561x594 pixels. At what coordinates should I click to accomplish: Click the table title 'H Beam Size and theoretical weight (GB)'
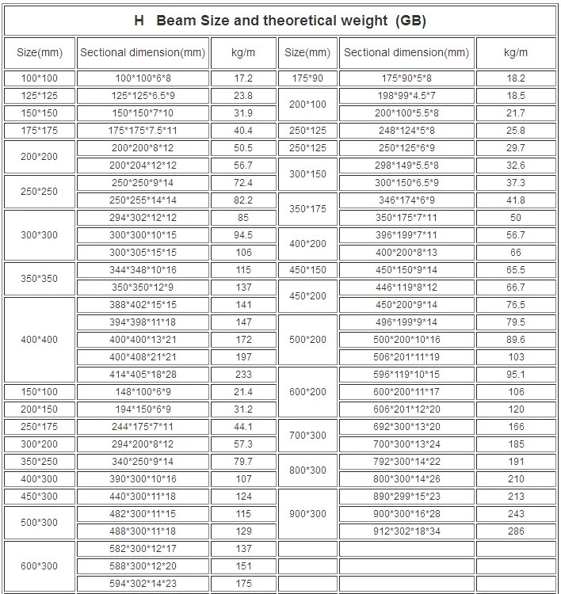pyautogui.click(x=280, y=21)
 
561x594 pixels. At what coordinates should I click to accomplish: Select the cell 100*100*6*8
pyautogui.click(x=143, y=78)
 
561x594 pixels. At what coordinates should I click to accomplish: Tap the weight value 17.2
pyautogui.click(x=243, y=78)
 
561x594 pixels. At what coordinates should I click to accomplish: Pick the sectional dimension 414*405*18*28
pyautogui.click(x=143, y=375)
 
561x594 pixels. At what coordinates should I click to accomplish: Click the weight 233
pyautogui.click(x=243, y=375)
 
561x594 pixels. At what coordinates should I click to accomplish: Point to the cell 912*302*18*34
pyautogui.click(x=406, y=531)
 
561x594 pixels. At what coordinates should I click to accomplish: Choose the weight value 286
pyautogui.click(x=516, y=531)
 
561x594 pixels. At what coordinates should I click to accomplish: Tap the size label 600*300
pyautogui.click(x=39, y=566)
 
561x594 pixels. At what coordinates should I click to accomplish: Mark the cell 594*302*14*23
pyautogui.click(x=143, y=584)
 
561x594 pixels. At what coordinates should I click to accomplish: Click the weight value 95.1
pyautogui.click(x=516, y=375)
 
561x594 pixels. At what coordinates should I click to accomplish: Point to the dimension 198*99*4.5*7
pyautogui.click(x=406, y=96)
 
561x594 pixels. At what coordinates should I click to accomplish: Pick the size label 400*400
pyautogui.click(x=39, y=340)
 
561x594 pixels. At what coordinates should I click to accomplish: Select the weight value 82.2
pyautogui.click(x=243, y=200)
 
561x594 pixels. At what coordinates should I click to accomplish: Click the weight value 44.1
pyautogui.click(x=243, y=427)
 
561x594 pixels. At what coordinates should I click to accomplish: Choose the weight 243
pyautogui.click(x=516, y=514)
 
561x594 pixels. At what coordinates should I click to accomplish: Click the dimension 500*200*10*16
pyautogui.click(x=406, y=340)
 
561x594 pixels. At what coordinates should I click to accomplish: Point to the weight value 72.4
pyautogui.click(x=243, y=183)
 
